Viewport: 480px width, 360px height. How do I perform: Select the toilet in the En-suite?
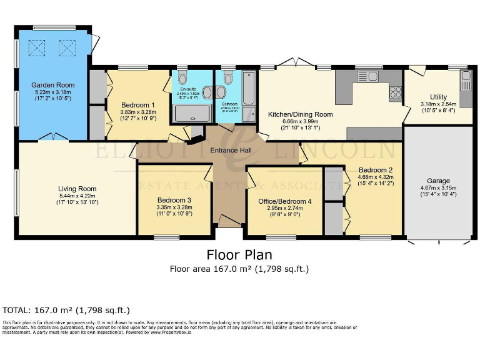pyautogui.click(x=182, y=78)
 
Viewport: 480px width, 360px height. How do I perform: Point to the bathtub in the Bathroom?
pyautogui.click(x=248, y=91)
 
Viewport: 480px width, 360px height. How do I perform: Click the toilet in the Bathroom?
pyautogui.click(x=227, y=78)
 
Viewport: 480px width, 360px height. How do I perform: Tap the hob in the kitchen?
pyautogui.click(x=395, y=93)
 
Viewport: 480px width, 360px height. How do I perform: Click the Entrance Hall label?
pyautogui.click(x=231, y=150)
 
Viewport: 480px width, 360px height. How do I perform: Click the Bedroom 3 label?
pyautogui.click(x=174, y=200)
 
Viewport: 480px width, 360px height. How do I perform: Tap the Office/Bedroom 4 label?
pyautogui.click(x=285, y=201)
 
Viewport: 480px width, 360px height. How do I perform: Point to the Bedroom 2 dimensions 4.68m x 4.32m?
pyautogui.click(x=375, y=177)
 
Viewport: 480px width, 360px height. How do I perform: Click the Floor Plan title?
pyautogui.click(x=239, y=255)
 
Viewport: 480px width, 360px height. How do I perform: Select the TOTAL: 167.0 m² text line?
pyautogui.click(x=66, y=309)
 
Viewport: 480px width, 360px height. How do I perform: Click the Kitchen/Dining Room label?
pyautogui.click(x=300, y=114)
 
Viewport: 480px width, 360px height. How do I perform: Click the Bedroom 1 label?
pyautogui.click(x=137, y=104)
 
